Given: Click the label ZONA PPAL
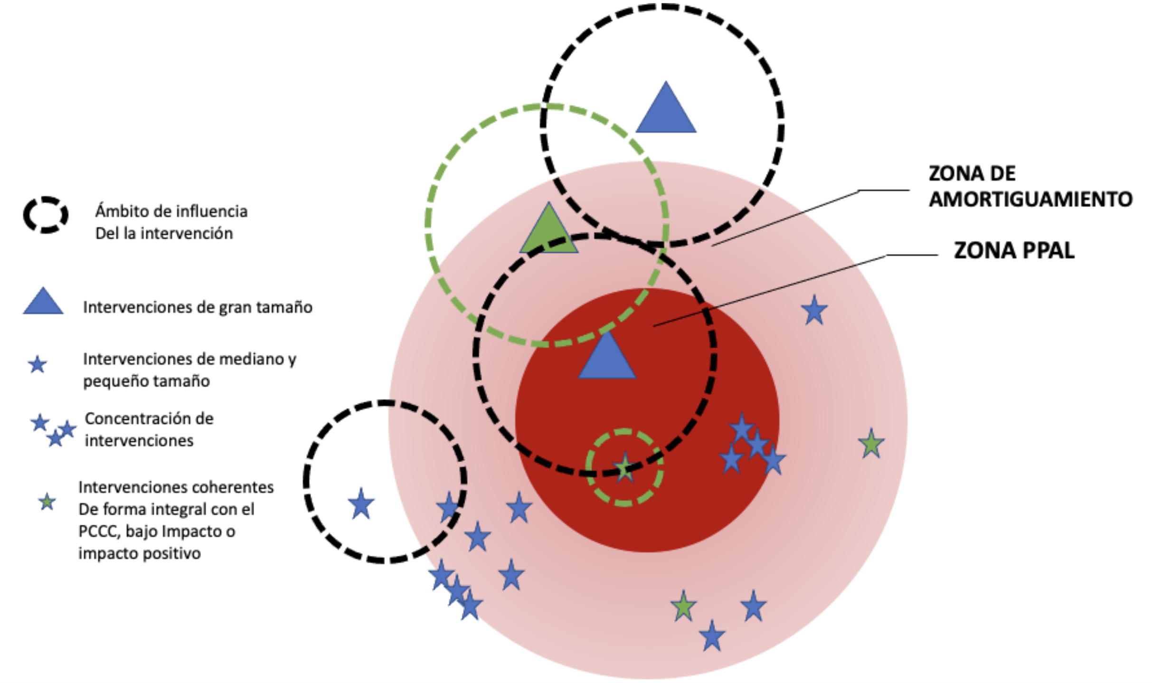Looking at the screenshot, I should click(x=1014, y=250).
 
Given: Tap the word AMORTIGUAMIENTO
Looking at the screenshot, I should click(x=1030, y=199).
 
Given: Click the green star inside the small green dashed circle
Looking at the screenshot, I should click(x=624, y=468).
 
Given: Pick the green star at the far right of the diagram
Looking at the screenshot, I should click(x=871, y=444).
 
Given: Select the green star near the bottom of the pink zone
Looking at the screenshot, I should click(x=683, y=607).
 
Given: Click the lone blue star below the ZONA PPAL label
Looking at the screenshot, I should click(x=814, y=311).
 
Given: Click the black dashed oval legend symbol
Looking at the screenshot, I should click(x=46, y=215).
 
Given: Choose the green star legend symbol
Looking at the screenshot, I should click(x=47, y=502).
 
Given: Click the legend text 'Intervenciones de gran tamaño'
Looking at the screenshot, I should click(x=198, y=307).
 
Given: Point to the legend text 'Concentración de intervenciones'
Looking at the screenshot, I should click(x=149, y=429).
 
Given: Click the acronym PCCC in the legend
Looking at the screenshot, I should click(x=99, y=531).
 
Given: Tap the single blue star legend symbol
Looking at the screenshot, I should click(x=38, y=365).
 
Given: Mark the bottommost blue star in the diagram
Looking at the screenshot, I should click(x=712, y=636).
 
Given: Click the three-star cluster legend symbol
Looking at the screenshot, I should click(x=53, y=430).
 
